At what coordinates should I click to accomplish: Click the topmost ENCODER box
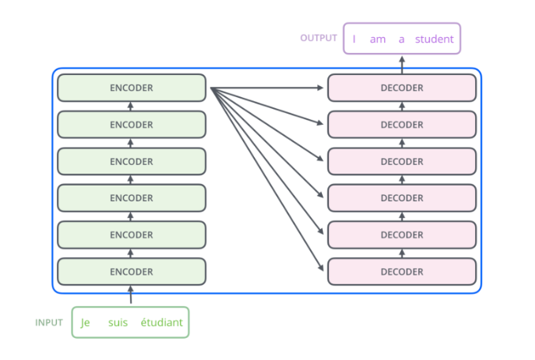coord(131,88)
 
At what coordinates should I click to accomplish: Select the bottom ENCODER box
coord(131,272)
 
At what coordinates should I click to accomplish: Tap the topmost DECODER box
coord(402,88)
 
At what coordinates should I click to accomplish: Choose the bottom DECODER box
coord(402,272)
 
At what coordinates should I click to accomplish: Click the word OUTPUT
coord(319,38)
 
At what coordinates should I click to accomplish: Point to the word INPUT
coord(49,323)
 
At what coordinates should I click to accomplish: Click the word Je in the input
coord(86,323)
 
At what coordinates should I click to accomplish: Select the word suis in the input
coord(118,323)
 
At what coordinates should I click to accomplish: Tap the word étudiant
coord(161,323)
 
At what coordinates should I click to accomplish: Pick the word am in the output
coord(377,39)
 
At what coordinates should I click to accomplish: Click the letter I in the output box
coord(354,39)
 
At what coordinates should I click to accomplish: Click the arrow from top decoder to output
coord(402,65)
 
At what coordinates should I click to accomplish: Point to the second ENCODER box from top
coord(131,125)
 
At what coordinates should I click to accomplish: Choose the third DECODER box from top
coord(402,161)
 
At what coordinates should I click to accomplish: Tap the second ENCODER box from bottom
coord(131,234)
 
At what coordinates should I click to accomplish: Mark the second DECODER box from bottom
coord(402,234)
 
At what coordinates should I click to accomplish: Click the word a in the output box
coord(402,39)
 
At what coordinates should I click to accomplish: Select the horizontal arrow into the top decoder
coord(268,88)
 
